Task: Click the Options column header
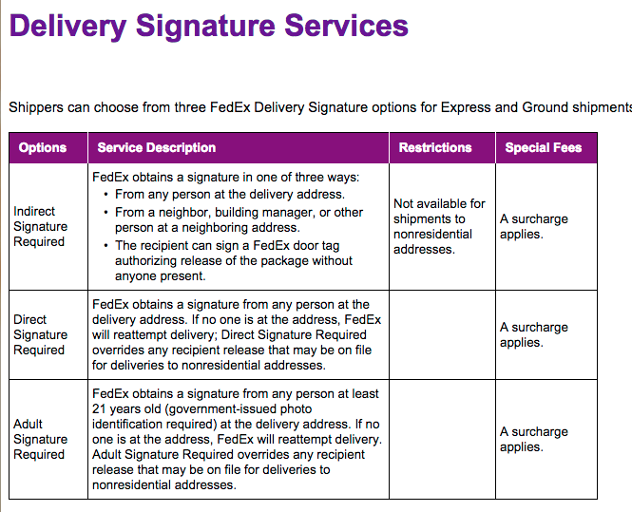43,148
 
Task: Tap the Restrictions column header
435,148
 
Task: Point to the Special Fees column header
544,148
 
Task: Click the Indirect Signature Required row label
41,226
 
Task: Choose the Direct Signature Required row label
41,334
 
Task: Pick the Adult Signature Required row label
41,439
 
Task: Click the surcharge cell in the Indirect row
534,226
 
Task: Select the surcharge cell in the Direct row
534,334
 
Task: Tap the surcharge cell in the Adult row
534,439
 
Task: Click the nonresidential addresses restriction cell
439,226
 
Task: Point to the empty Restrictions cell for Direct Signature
442,334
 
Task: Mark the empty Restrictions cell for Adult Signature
442,439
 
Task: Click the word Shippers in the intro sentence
36,107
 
